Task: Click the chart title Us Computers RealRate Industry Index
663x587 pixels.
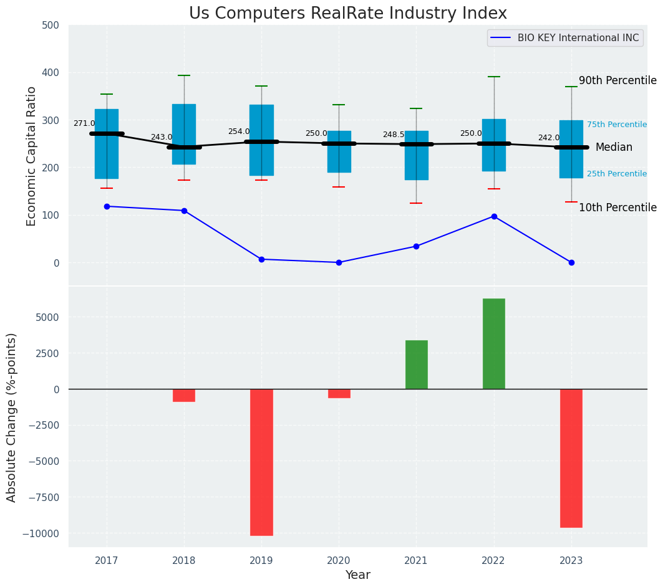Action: (x=347, y=14)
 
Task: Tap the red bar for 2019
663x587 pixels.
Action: (x=261, y=462)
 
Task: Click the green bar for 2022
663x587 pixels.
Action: (x=494, y=344)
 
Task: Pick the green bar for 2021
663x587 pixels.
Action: (x=416, y=365)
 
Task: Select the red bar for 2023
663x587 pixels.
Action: (x=571, y=458)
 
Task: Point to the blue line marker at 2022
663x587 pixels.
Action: (x=494, y=216)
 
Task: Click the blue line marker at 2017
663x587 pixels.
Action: (x=107, y=206)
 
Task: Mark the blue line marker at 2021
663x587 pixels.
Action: (x=416, y=246)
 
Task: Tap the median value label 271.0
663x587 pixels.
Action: (x=84, y=123)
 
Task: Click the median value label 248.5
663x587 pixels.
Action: (x=394, y=135)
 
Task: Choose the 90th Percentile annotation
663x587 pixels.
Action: (x=617, y=80)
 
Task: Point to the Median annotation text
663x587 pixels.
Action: (x=614, y=148)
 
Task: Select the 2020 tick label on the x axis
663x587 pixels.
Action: (x=339, y=560)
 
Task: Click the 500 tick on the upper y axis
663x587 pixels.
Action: (x=51, y=25)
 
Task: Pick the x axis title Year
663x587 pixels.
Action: (x=357, y=575)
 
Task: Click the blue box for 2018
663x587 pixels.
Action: (x=184, y=134)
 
